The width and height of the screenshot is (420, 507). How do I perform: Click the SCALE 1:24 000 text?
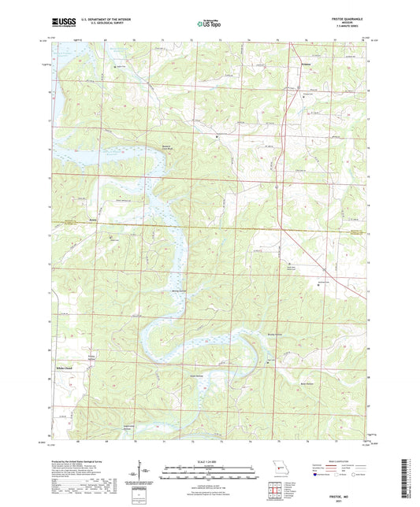click(x=210, y=461)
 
